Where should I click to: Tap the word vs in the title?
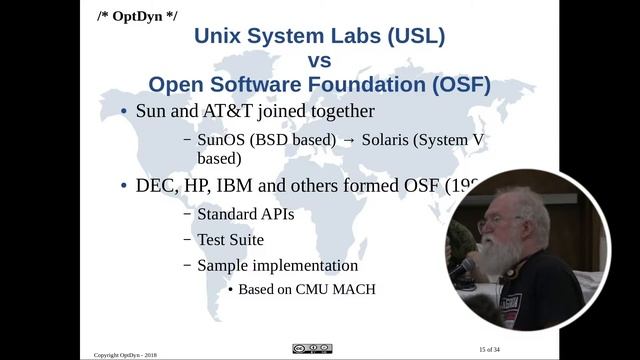pyautogui.click(x=320, y=61)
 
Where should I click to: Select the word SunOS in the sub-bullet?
pyautogui.click(x=224, y=140)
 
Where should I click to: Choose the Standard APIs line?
pyautogui.click(x=245, y=214)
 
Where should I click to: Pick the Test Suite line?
pyautogui.click(x=230, y=240)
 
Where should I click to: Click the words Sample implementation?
pyautogui.click(x=277, y=266)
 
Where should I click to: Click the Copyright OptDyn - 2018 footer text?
pyautogui.click(x=125, y=354)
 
